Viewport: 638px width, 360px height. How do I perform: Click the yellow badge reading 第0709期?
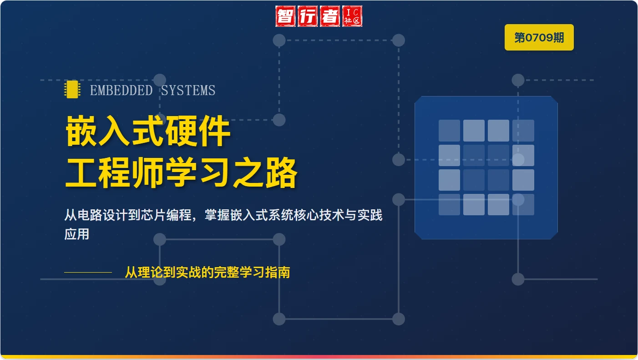coord(539,37)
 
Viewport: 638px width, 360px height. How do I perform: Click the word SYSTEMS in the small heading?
coord(188,91)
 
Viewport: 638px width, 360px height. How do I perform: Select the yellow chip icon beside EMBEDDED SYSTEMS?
coord(72,90)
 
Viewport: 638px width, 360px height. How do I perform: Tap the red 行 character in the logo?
coord(309,16)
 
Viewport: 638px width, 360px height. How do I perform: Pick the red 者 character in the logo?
coord(330,16)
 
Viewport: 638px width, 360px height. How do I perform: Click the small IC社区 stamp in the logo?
coord(352,16)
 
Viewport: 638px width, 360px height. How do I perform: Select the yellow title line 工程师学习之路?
coord(181,173)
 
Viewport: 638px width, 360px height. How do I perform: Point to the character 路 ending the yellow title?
coord(282,173)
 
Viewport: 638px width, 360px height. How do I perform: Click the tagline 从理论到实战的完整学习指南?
coord(208,273)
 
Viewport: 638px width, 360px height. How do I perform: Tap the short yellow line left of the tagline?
coord(88,272)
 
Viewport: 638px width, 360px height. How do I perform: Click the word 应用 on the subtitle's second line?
coord(76,234)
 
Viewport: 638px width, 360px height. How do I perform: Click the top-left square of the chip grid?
coord(449,131)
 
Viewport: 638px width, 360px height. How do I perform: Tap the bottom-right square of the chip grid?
coord(523,204)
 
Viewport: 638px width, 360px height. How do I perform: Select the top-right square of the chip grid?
coord(523,131)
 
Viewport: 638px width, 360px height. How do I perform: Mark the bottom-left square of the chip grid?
coord(449,204)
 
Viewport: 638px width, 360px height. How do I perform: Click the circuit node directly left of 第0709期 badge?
coord(398,40)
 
